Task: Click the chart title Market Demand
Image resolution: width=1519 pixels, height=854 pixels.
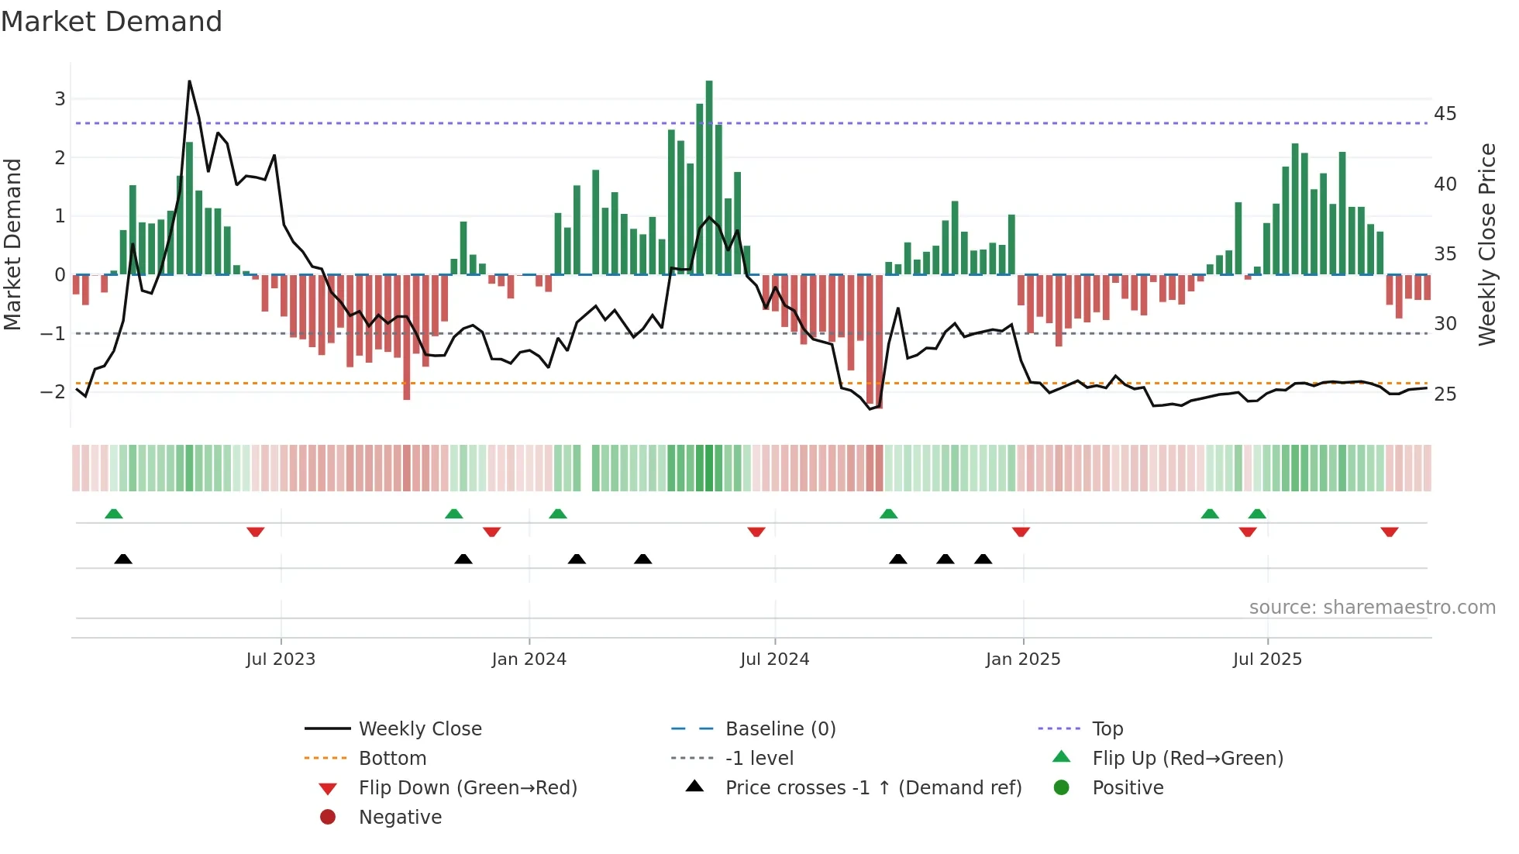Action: [x=112, y=22]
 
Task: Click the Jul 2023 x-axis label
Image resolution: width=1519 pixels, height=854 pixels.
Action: [x=281, y=659]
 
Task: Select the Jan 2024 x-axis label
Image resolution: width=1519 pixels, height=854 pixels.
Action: [x=529, y=659]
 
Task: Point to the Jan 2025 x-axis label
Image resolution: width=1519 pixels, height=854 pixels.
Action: [x=1023, y=659]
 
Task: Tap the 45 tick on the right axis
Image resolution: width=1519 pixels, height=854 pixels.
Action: [x=1445, y=114]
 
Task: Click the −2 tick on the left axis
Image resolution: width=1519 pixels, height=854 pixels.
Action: [x=53, y=391]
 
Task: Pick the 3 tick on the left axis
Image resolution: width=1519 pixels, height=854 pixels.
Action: [x=60, y=99]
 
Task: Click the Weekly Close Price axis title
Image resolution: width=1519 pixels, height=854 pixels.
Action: [x=1486, y=244]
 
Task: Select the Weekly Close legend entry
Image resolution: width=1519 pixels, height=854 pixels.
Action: [x=419, y=728]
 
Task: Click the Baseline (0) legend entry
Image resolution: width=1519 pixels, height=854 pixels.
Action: [x=780, y=728]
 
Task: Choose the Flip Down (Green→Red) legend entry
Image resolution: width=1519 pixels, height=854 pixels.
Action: [x=467, y=787]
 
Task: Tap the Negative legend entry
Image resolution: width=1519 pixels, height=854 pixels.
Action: [x=400, y=817]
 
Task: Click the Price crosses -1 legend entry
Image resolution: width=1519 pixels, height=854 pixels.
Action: [x=873, y=787]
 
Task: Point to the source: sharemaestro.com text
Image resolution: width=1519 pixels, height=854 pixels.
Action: [x=1372, y=607]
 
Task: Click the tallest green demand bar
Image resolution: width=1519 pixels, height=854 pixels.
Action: [x=709, y=178]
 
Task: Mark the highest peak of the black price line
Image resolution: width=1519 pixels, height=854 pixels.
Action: [x=189, y=82]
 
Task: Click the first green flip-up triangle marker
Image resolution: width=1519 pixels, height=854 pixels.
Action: [x=114, y=514]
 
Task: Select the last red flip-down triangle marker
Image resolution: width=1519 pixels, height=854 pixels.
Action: [x=1389, y=532]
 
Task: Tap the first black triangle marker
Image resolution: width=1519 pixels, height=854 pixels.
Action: [x=123, y=559]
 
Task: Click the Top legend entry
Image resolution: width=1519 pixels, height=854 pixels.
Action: [x=1107, y=728]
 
